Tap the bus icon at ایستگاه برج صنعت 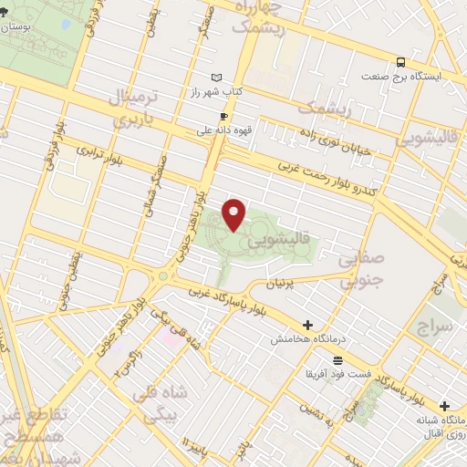402,62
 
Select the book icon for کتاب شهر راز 215,78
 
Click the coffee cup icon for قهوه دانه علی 223,116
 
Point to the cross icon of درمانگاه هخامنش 307,325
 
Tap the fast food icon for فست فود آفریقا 337,359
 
